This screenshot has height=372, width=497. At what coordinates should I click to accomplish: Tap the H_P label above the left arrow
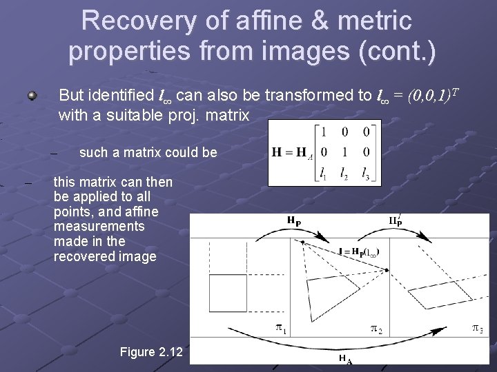pos(294,220)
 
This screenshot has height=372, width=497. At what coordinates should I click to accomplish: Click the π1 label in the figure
pos(281,329)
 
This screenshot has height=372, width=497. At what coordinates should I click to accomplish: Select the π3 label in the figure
pos(477,329)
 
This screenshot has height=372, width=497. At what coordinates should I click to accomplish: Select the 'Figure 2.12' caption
pos(151,352)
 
